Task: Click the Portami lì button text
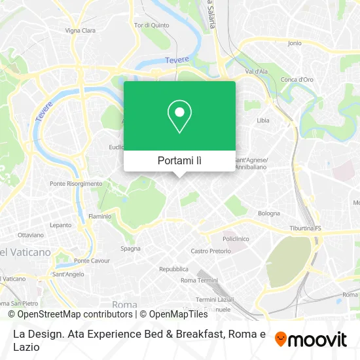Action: pos(179,160)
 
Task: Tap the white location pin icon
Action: pos(179,116)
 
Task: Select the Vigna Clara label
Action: pos(80,30)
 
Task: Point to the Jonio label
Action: pos(295,43)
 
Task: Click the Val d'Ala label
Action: pos(256,71)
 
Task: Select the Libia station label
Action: pos(263,120)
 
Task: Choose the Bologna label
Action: pos(268,213)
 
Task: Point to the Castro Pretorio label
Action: pos(210,251)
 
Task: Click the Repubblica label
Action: pos(174,269)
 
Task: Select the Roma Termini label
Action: pos(198,280)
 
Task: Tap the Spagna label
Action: pos(130,248)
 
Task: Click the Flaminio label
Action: pos(99,216)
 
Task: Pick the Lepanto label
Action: pos(60,225)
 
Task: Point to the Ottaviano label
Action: pos(31,234)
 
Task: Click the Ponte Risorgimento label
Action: pos(76,184)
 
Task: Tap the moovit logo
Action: pos(311,339)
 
